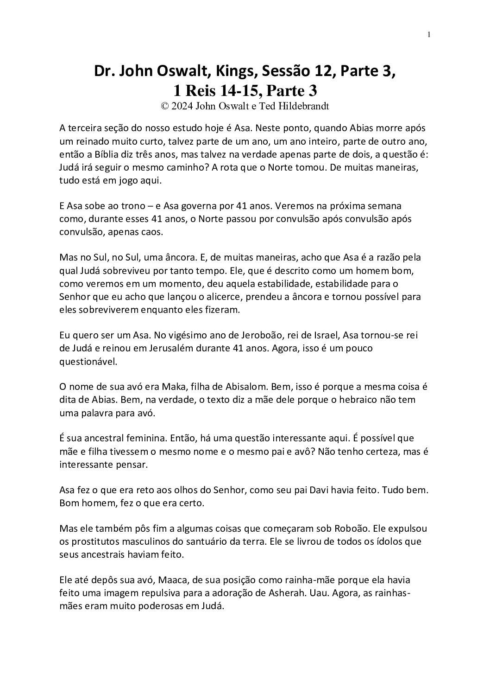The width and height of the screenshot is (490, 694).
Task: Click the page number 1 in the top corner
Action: coord(429,34)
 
